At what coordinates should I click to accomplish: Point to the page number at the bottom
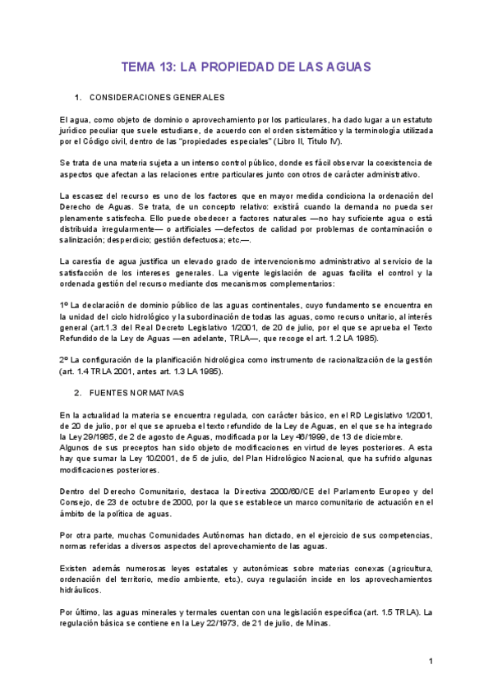[x=431, y=662]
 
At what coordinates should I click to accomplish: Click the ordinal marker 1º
[x=64, y=305]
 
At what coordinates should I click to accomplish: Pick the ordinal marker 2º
[x=64, y=360]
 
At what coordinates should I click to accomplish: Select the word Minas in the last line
[x=316, y=623]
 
